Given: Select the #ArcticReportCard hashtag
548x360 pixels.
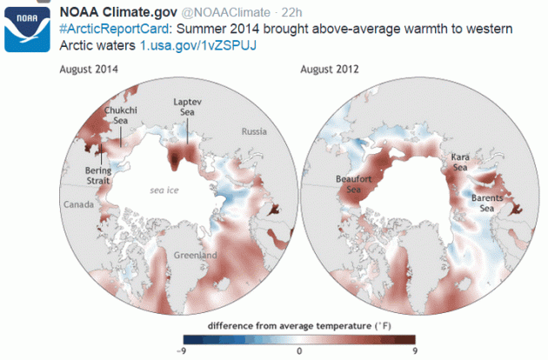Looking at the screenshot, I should [104, 30].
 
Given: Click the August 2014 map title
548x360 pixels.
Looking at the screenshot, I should [89, 69].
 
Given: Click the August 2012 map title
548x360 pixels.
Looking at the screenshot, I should [330, 69].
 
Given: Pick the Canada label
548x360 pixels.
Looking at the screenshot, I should [75, 203].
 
